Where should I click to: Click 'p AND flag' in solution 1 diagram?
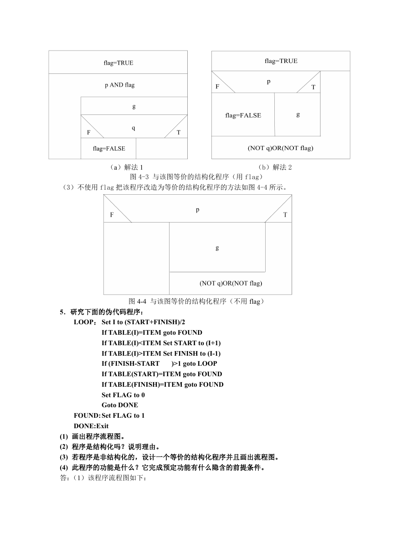coord(119,85)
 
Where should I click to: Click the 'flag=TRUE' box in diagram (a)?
coord(118,62)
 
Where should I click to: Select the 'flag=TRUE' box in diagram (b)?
coord(281,61)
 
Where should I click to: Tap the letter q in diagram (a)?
coord(134,128)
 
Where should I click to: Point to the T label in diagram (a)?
coord(178,133)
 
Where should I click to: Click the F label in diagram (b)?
coord(217,87)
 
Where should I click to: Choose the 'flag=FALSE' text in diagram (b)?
coord(243,115)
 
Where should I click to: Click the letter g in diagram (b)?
coord(298,114)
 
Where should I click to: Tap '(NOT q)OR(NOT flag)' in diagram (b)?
coord(280,148)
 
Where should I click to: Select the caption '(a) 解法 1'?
coord(126,167)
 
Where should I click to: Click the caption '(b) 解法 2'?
coord(275,167)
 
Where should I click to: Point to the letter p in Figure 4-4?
coord(198,209)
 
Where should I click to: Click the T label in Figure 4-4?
coord(285,215)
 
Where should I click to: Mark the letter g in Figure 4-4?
coord(217,248)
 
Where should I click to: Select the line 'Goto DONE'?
coord(120,405)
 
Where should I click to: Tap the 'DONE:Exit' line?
coord(91,426)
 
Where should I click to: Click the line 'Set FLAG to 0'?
coord(123,395)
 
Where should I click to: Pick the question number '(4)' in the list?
coord(64,467)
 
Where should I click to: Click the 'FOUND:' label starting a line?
coord(87,415)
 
